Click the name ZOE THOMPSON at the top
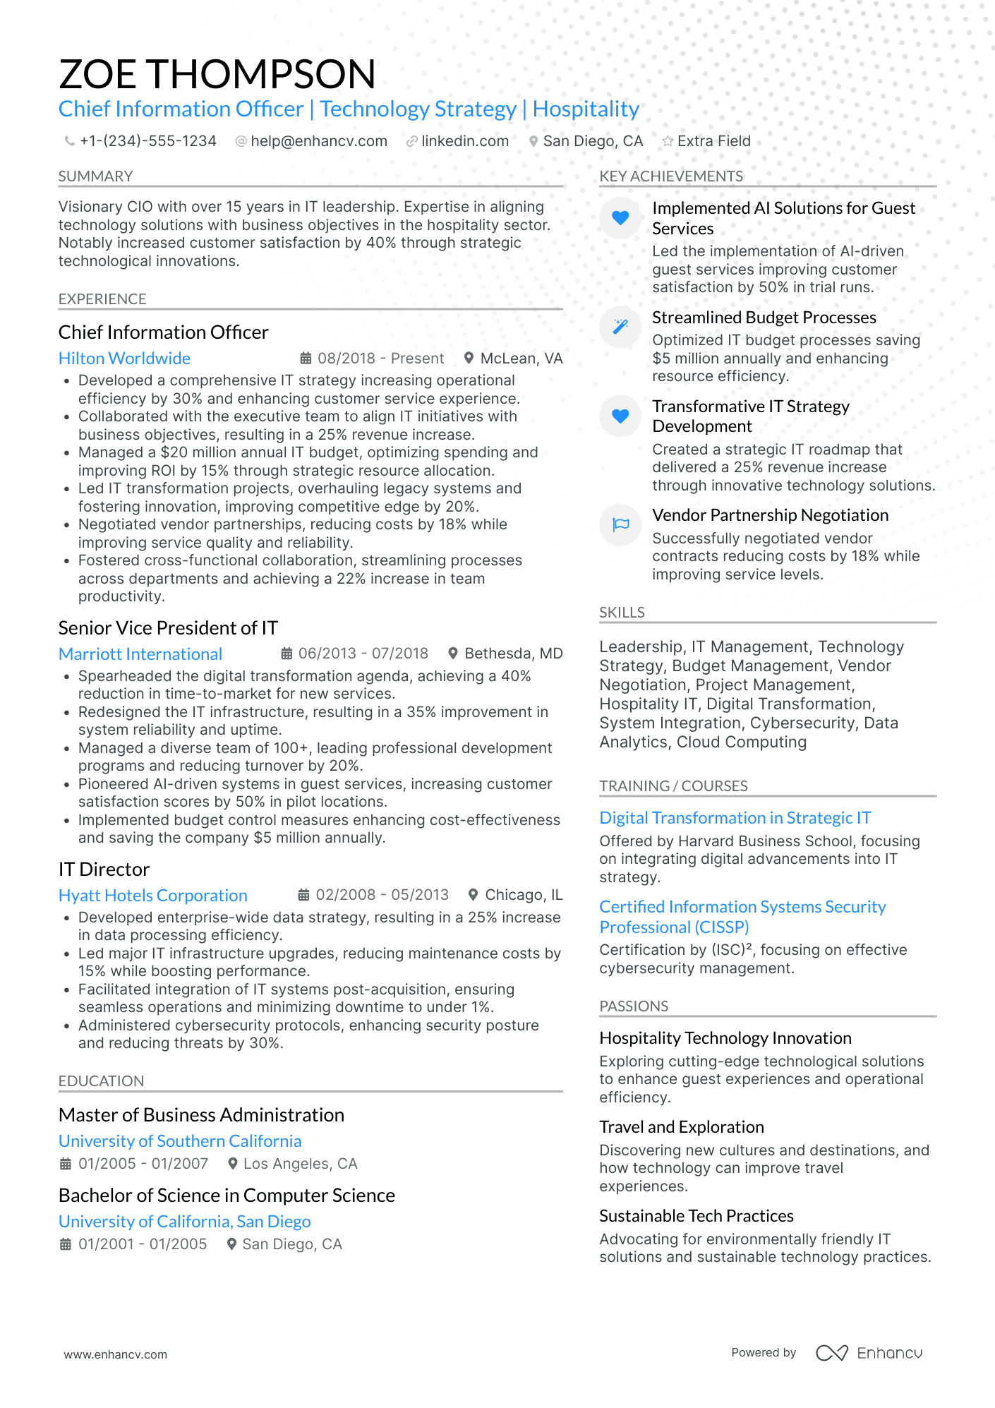pos(217,74)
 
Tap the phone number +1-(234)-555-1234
pos(147,141)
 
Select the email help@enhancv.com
pos(318,141)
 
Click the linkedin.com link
pos(464,141)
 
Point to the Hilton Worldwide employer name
pos(124,359)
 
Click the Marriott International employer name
pos(140,654)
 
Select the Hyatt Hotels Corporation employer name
pos(152,896)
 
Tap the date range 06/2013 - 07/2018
pos(363,654)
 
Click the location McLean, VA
pos(521,359)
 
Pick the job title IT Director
pos(104,870)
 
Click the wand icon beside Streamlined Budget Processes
pos(620,326)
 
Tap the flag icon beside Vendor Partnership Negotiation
pos(620,524)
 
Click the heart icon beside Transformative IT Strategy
pos(620,416)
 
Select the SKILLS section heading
pos(622,613)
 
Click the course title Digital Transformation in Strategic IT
pos(735,818)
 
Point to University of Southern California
pos(180,1141)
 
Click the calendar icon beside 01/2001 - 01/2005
pos(66,1244)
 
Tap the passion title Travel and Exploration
pos(681,1127)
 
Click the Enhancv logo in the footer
pos(869,1353)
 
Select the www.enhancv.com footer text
pos(116,1354)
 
